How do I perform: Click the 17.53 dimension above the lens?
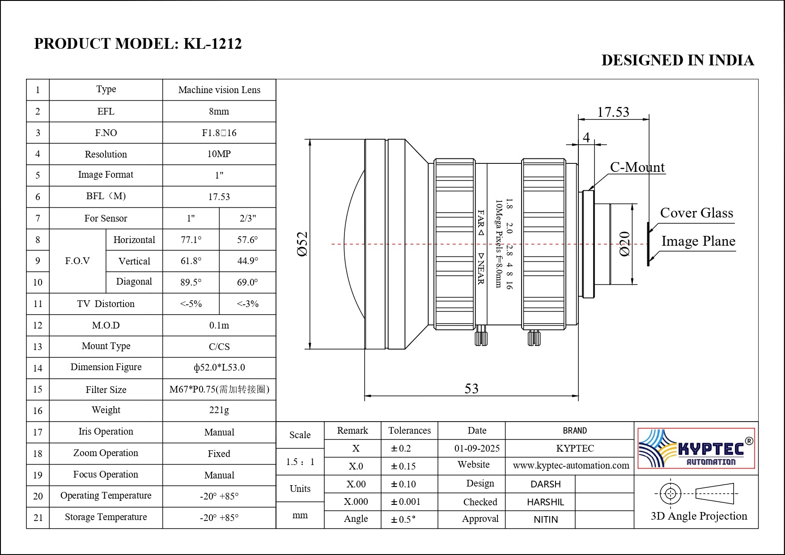(x=613, y=112)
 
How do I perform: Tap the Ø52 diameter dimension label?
(x=303, y=243)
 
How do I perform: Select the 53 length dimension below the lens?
(x=471, y=388)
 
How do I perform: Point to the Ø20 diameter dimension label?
(x=625, y=243)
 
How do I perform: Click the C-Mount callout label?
(x=637, y=167)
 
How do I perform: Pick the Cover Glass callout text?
(x=696, y=213)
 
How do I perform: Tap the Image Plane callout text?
(x=698, y=241)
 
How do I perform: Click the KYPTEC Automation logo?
(x=696, y=448)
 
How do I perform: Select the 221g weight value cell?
(x=219, y=410)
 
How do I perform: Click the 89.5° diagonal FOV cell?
(x=191, y=282)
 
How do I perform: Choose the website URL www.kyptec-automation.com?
(x=571, y=465)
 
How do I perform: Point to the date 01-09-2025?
(x=477, y=448)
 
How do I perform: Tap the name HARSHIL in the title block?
(x=545, y=502)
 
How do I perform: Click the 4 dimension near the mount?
(x=586, y=137)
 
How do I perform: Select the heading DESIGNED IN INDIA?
(x=677, y=60)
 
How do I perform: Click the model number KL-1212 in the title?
(x=212, y=44)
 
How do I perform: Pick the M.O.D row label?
(x=106, y=325)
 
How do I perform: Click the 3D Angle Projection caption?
(x=699, y=516)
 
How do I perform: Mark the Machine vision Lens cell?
(x=219, y=90)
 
